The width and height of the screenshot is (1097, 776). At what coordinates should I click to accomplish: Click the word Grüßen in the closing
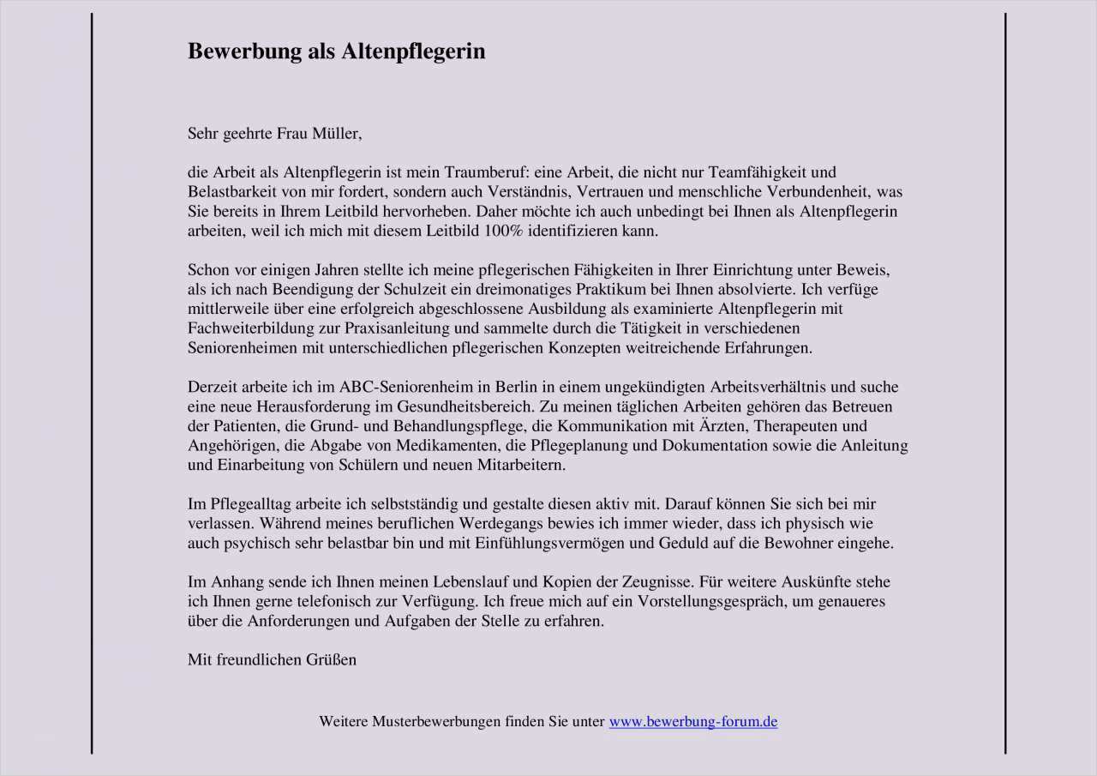(331, 659)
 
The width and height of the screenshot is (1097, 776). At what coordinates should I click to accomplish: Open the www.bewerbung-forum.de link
(692, 722)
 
